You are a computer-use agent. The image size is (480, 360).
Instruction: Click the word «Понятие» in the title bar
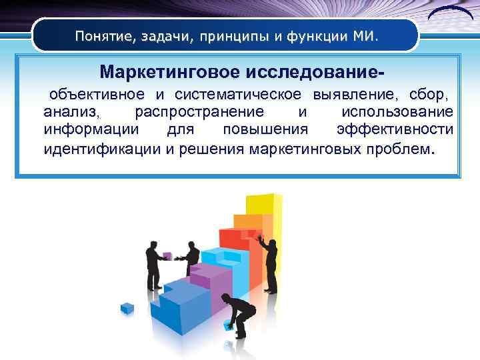(x=103, y=35)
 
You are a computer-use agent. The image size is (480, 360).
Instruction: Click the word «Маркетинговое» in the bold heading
(x=171, y=71)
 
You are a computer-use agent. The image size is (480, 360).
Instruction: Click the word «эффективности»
(x=395, y=129)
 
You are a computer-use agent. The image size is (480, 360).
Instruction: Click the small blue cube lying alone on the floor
(x=127, y=308)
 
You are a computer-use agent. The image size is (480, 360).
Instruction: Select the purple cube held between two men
(x=167, y=255)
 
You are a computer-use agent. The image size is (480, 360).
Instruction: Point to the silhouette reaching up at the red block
(x=269, y=263)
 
